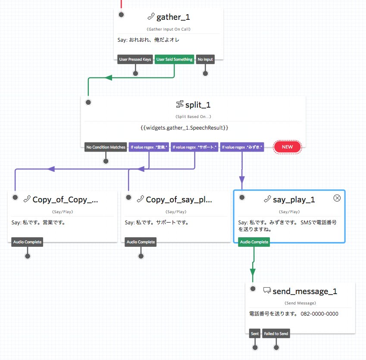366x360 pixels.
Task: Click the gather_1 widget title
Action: point(173,17)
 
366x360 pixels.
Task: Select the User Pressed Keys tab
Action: point(135,59)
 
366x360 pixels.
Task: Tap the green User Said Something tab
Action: point(174,59)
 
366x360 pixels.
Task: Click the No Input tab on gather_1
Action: point(205,59)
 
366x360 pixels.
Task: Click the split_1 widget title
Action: point(198,105)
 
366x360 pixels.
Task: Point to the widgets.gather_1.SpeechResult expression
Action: point(184,128)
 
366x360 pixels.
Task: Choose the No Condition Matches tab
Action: point(106,147)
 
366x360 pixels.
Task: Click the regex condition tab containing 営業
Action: point(149,147)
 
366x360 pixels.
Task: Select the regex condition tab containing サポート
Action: point(194,147)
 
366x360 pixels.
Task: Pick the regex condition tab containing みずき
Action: point(242,147)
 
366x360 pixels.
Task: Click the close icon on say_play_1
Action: point(337,198)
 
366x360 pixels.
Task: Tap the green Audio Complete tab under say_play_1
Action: point(253,242)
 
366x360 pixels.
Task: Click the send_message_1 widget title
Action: point(305,292)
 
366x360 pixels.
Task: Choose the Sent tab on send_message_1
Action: point(255,334)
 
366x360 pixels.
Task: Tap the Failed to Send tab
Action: point(276,334)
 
